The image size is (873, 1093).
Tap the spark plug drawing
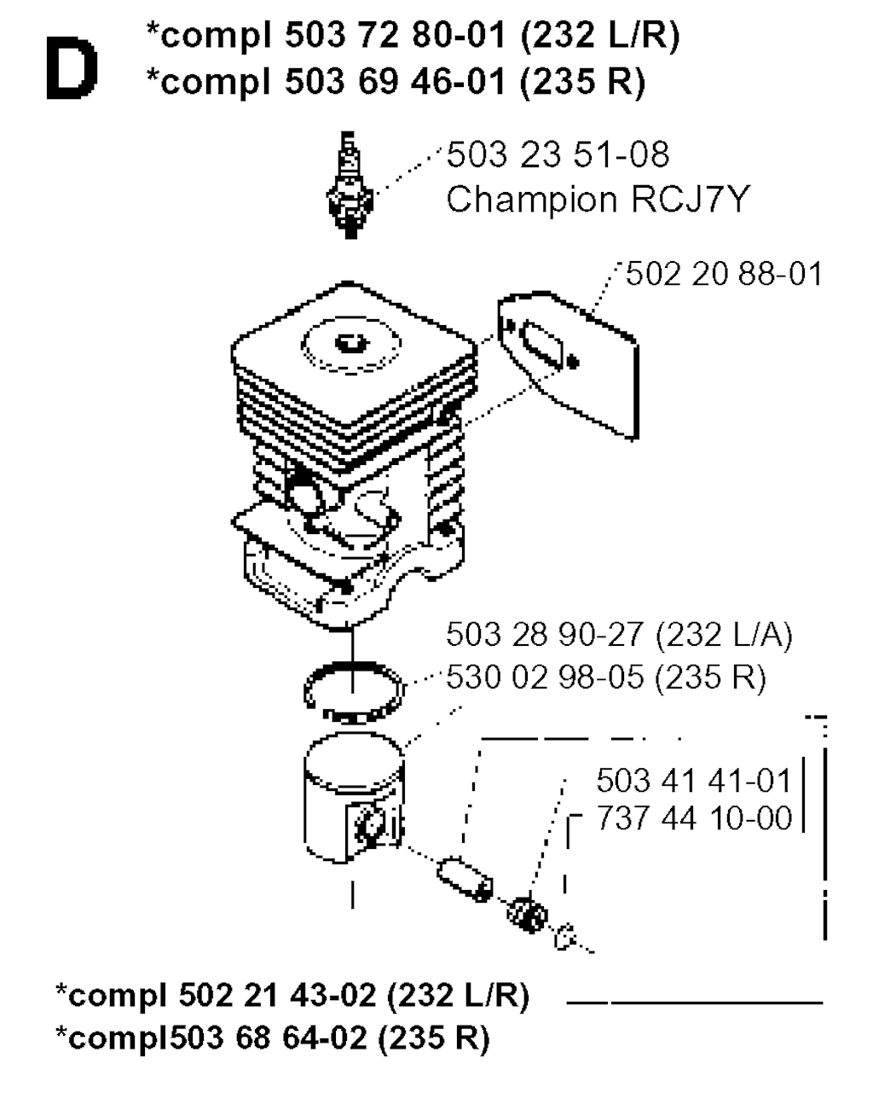350,185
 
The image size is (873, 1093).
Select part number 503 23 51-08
558,154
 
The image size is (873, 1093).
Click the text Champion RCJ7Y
598,199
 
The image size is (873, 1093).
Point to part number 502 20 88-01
724,274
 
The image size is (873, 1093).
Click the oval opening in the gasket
541,345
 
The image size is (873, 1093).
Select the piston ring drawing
354,692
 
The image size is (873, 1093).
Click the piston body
354,797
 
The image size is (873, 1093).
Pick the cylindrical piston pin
465,879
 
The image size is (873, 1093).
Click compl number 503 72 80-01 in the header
395,36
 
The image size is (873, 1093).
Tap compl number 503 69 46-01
395,81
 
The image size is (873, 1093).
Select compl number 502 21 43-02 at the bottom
277,995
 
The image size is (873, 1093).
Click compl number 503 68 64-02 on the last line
268,1038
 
